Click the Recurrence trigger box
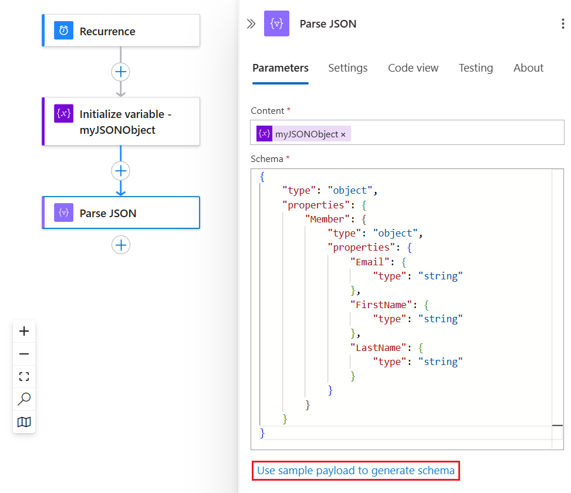[121, 31]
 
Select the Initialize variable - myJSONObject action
[121, 121]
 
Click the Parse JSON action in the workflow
[121, 212]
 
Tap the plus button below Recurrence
[121, 72]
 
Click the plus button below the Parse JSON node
[121, 245]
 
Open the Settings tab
[347, 68]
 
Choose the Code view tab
[413, 68]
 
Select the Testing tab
[475, 68]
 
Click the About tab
[528, 68]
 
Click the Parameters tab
[281, 68]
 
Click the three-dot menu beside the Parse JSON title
[563, 23]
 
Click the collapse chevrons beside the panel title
[251, 23]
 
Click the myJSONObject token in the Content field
[306, 134]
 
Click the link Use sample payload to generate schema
[356, 471]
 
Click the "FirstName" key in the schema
[381, 305]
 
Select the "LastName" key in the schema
[379, 347]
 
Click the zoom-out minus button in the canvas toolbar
[24, 354]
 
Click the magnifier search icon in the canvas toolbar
[24, 399]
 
